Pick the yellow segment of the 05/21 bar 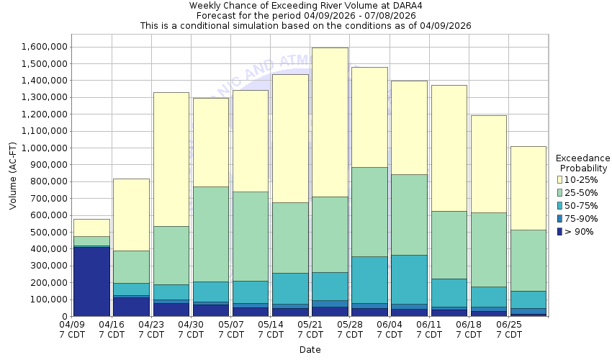coord(330,122)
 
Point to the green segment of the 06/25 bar coord(528,260)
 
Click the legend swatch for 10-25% coord(560,179)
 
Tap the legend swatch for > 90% coord(560,231)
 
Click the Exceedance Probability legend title coord(583,163)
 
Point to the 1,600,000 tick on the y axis coord(45,47)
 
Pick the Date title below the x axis coord(310,350)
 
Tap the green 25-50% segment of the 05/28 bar coord(369,212)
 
